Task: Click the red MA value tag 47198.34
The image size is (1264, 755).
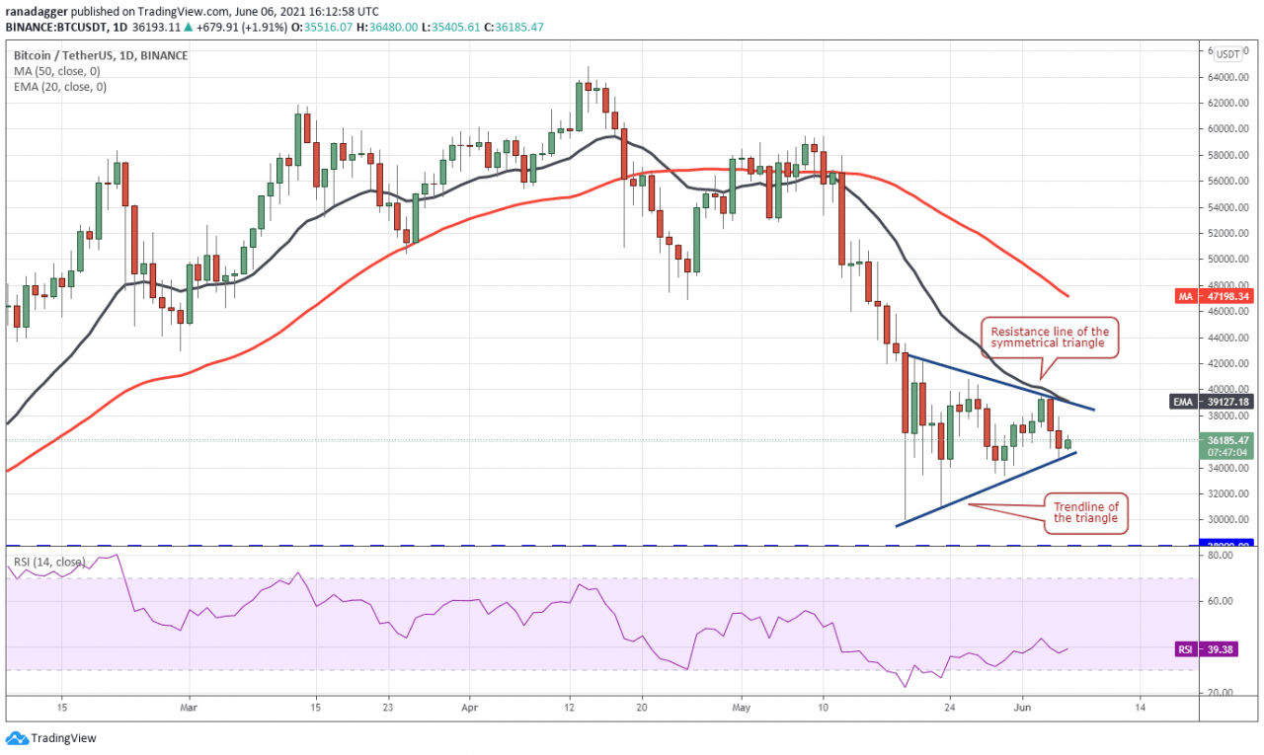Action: [1228, 296]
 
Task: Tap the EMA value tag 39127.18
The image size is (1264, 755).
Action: [1228, 403]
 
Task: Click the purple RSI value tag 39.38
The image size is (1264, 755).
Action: [1228, 649]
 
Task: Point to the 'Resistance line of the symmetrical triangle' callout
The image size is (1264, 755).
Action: [1049, 338]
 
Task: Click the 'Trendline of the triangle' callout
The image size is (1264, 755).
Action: [1085, 512]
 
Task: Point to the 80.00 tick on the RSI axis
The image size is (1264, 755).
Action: [1221, 556]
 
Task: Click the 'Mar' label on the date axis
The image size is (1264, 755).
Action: [191, 707]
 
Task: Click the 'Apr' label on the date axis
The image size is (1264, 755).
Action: [469, 707]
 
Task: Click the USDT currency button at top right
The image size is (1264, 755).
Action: [1228, 54]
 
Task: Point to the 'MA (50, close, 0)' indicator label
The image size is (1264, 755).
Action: [60, 71]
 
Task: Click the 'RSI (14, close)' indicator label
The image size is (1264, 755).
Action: [49, 563]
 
